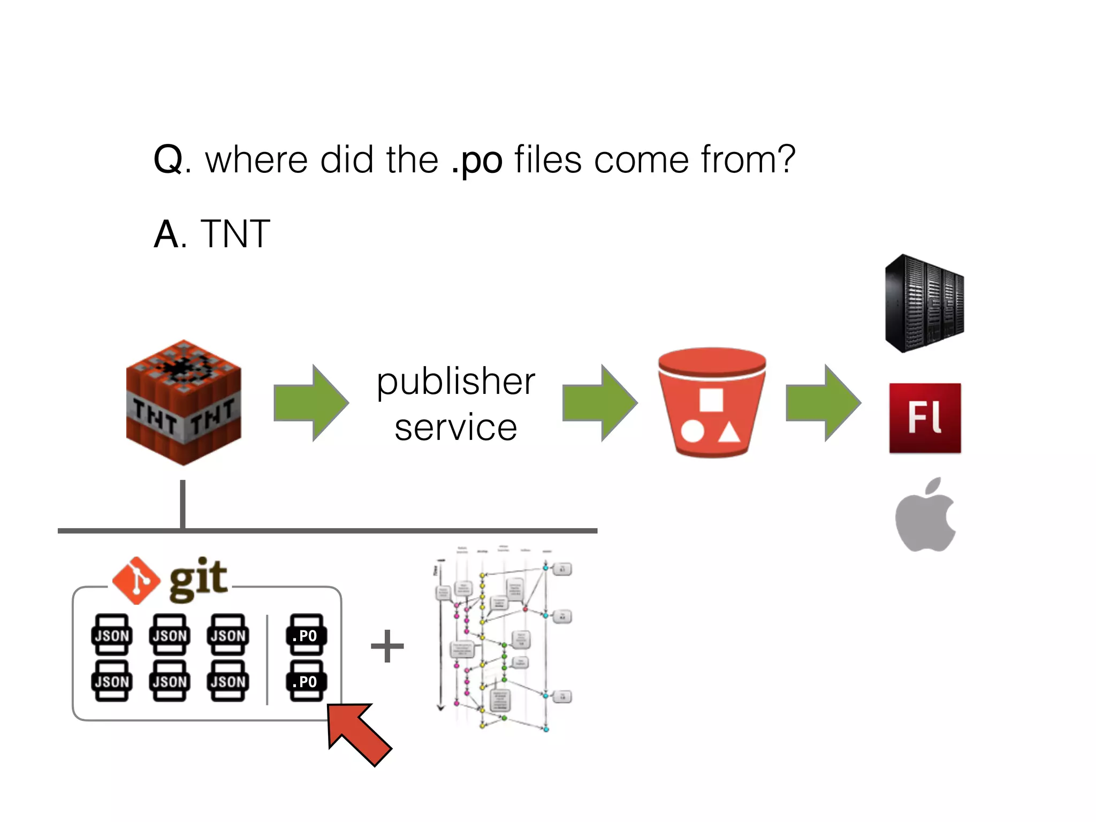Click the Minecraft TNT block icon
point(183,402)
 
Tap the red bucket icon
point(711,402)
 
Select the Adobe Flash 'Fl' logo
point(925,418)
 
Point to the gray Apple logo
point(925,516)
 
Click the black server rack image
point(924,303)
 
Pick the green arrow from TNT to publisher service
point(311,402)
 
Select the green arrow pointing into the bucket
point(600,402)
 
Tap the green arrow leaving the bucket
point(823,402)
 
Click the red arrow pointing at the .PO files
point(358,733)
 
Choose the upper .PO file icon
point(306,635)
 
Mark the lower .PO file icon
point(306,681)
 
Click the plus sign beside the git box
point(387,646)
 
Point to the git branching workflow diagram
point(503,640)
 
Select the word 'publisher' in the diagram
point(456,382)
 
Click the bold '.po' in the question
point(477,160)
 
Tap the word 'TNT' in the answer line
point(235,234)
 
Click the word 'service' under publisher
point(456,428)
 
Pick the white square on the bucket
point(711,400)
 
